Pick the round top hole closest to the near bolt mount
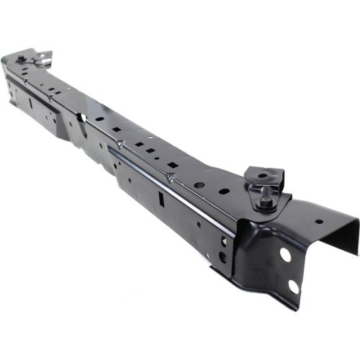[224, 192]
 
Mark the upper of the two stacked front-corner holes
[223, 241]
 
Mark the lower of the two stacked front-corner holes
[222, 256]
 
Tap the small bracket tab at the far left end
[45, 55]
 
